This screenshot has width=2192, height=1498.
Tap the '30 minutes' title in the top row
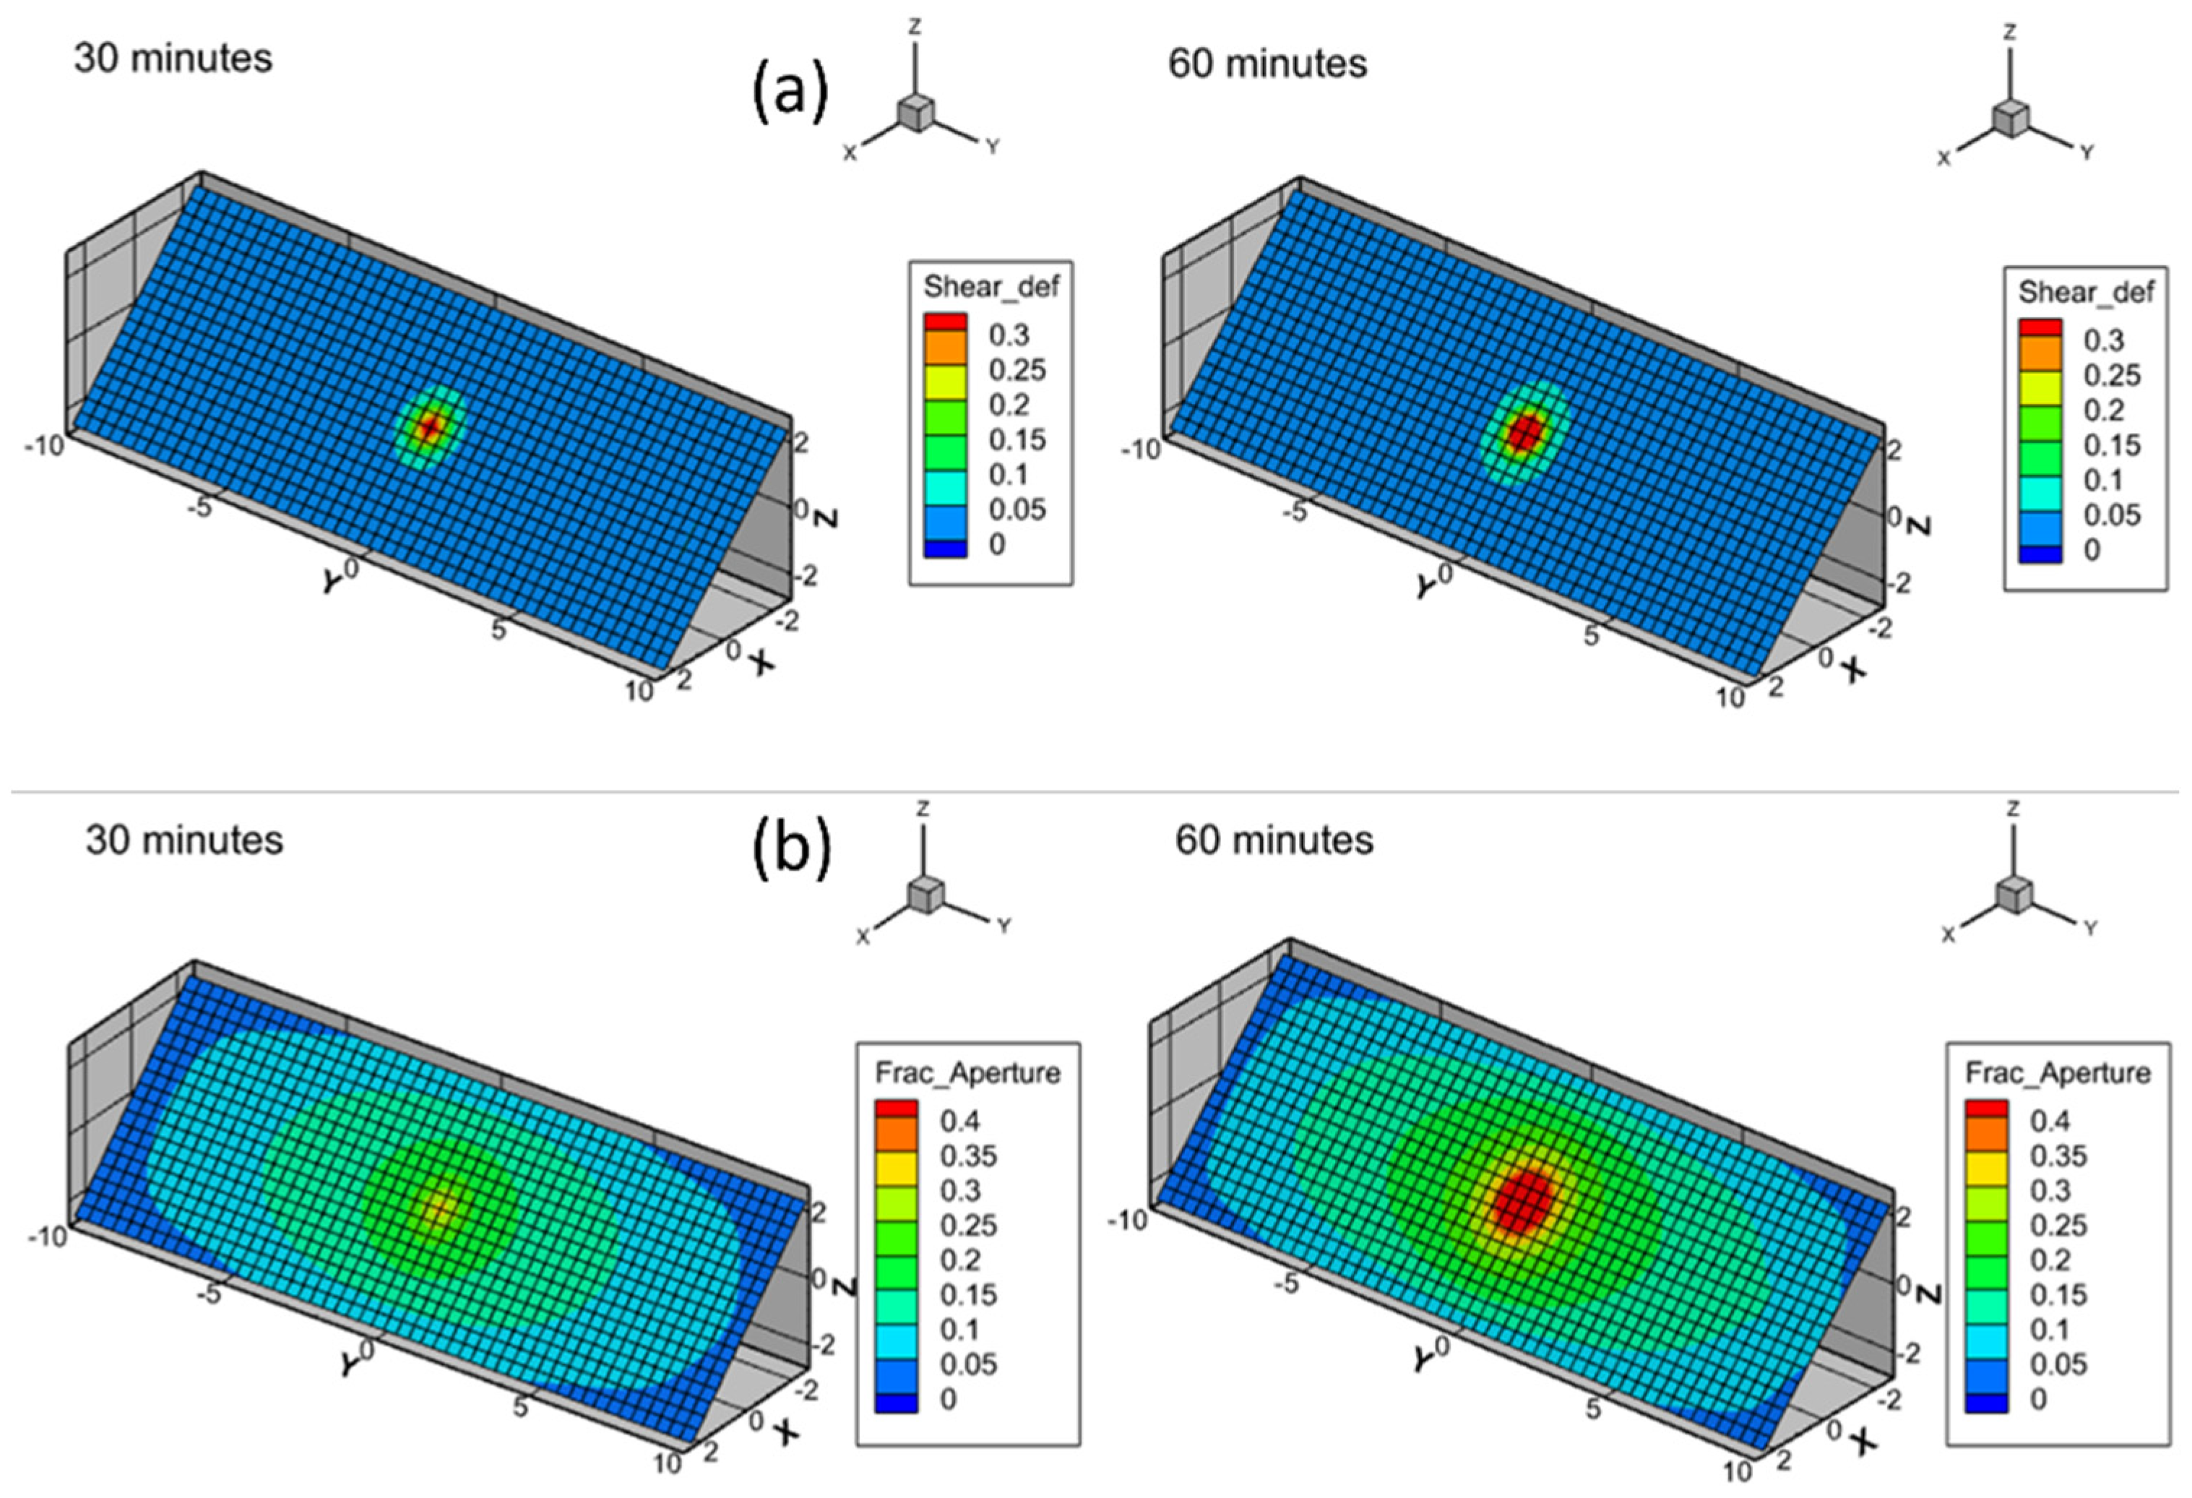pos(173,59)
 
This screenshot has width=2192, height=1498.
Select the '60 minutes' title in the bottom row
pos(1274,840)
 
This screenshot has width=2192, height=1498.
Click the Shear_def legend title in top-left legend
pos(991,286)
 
